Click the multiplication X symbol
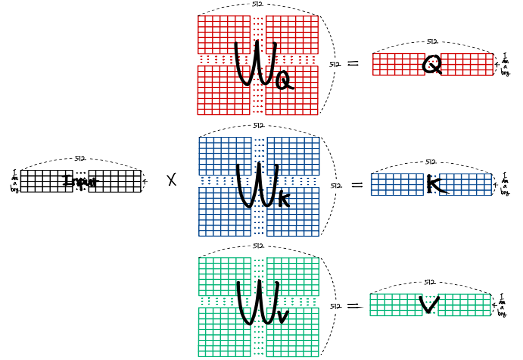coord(172,180)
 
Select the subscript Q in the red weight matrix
coord(284,81)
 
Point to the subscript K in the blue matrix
coord(284,200)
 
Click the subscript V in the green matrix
coord(282,316)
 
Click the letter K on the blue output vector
coord(435,185)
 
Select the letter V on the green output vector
coord(429,304)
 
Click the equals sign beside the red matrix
coord(353,64)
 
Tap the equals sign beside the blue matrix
coord(357,185)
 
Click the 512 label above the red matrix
coord(258,4)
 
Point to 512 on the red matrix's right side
coord(335,64)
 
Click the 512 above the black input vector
coord(80,159)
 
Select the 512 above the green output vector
coord(430,282)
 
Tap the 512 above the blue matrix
coord(259,126)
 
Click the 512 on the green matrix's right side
coord(336,306)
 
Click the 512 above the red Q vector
coord(432,42)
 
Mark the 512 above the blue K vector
coord(431,161)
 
